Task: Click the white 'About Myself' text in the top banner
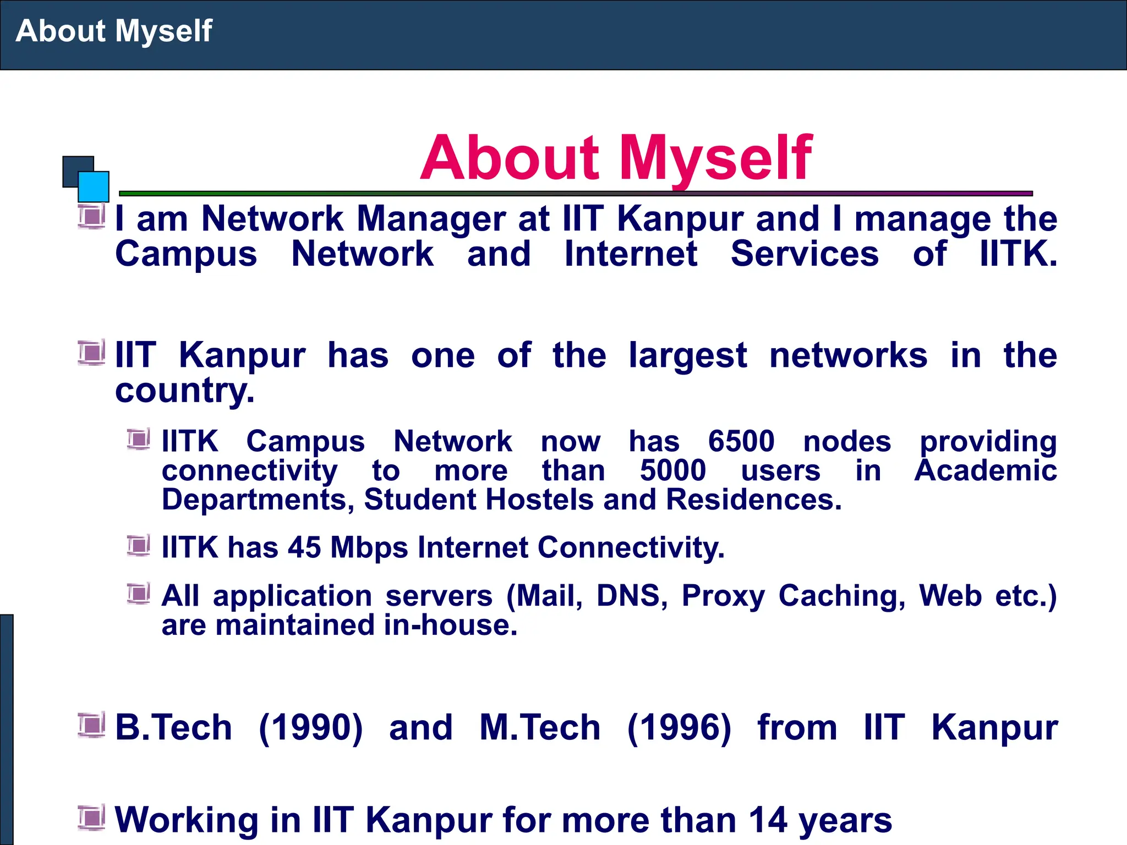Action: [x=114, y=31]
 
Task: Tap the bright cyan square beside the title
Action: [x=94, y=186]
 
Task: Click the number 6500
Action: [x=741, y=441]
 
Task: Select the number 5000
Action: [x=673, y=471]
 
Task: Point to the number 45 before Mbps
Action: [x=304, y=548]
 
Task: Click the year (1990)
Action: [x=311, y=727]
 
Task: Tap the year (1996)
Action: [x=679, y=727]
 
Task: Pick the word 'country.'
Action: [x=185, y=391]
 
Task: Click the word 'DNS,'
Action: [x=632, y=596]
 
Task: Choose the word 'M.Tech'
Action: [x=540, y=727]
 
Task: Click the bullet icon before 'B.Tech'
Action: [x=91, y=725]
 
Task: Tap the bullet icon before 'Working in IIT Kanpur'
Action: [x=91, y=817]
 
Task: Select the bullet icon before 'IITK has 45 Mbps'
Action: [x=138, y=545]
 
